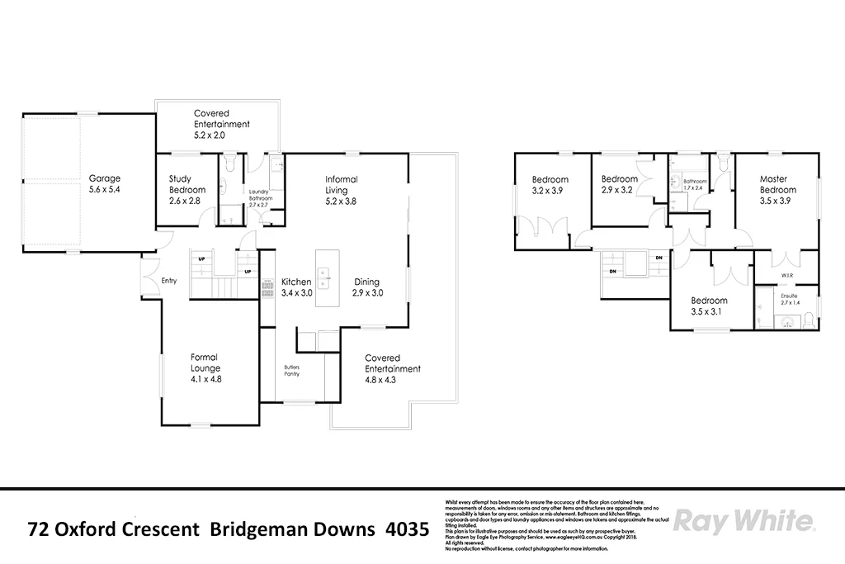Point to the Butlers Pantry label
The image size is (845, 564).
coord(291,370)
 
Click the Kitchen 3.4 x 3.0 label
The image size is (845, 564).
coord(296,287)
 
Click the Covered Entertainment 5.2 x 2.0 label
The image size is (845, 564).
coord(220,124)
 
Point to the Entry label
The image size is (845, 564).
coord(169,281)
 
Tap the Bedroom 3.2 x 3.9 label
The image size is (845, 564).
coord(550,185)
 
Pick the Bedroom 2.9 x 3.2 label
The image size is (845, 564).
coord(619,185)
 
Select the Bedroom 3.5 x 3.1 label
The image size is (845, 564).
coord(709,306)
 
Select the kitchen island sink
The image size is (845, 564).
coord(324,275)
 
